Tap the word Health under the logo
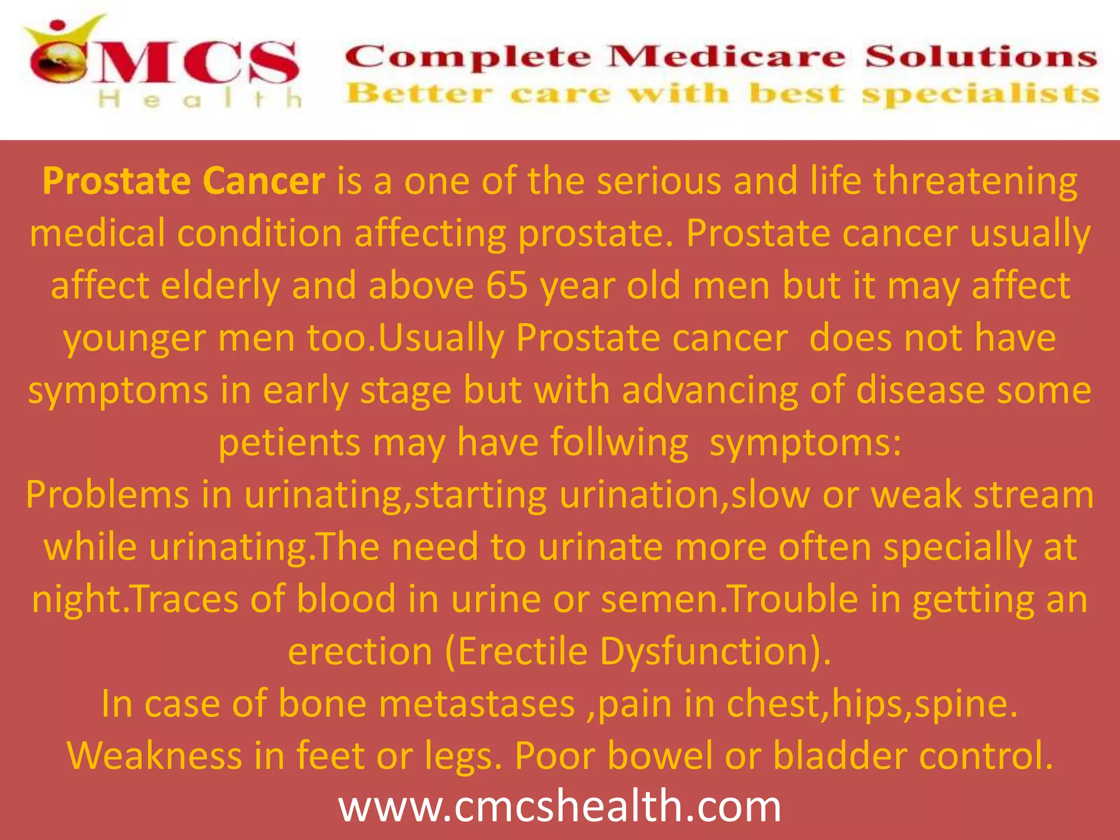pyautogui.click(x=200, y=100)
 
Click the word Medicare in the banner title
pyautogui.click(x=727, y=57)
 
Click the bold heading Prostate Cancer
pyautogui.click(x=184, y=180)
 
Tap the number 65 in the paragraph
pyautogui.click(x=507, y=285)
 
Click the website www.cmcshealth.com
pyautogui.click(x=559, y=806)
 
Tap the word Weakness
pyautogui.click(x=154, y=755)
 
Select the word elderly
pyautogui.click(x=220, y=285)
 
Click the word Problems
pyautogui.click(x=107, y=494)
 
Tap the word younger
pyautogui.click(x=135, y=338)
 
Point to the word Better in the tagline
pyautogui.click(x=419, y=94)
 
